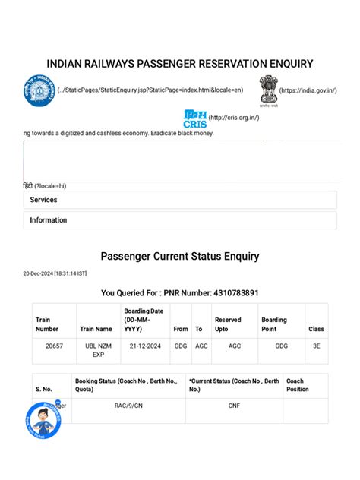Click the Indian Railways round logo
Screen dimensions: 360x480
[x=39, y=90]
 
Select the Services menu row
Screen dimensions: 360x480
[x=180, y=200]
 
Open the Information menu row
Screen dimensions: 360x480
[x=180, y=220]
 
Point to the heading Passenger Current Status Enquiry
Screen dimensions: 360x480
[x=180, y=257]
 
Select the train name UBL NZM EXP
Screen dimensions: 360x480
[x=97, y=349]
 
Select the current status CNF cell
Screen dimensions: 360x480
[x=234, y=406]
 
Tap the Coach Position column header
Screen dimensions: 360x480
[x=298, y=385]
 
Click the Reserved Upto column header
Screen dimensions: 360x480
[x=228, y=324]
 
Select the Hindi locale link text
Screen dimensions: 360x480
[x=45, y=185]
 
